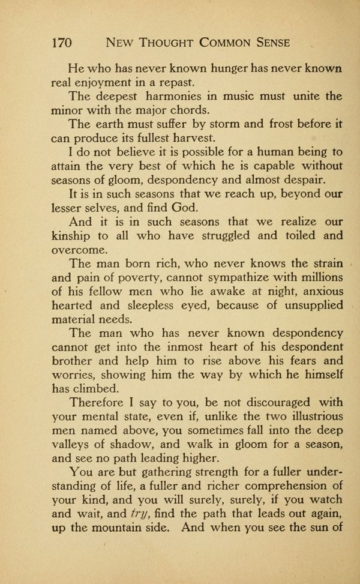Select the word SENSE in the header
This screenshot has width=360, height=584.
pyautogui.click(x=268, y=43)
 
